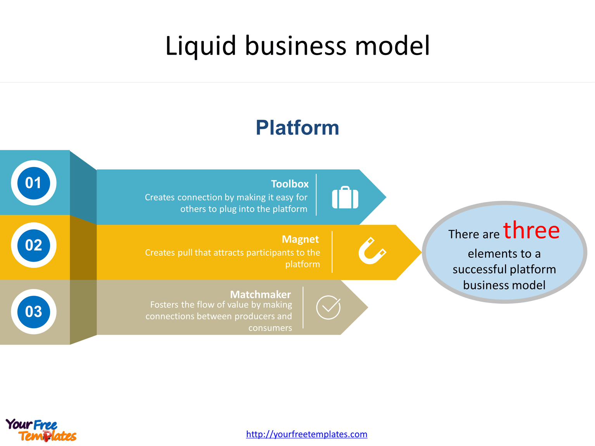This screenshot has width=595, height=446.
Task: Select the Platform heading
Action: click(x=297, y=127)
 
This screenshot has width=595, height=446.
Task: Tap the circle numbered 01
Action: click(x=34, y=183)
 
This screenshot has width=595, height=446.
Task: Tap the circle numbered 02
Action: click(x=34, y=245)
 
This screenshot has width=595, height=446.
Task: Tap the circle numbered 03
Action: click(x=34, y=312)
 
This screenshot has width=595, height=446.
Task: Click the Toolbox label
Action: click(x=290, y=184)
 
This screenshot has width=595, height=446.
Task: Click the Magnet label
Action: click(x=300, y=239)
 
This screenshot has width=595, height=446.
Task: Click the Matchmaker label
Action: click(x=260, y=294)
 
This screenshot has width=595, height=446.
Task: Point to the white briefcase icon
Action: click(x=345, y=198)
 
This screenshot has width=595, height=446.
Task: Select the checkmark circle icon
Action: click(x=328, y=307)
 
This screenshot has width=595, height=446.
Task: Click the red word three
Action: click(x=531, y=230)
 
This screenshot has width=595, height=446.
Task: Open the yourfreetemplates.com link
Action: click(x=307, y=434)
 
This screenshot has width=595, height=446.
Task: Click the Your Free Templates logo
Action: click(x=41, y=430)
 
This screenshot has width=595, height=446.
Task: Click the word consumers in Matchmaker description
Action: click(x=270, y=328)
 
